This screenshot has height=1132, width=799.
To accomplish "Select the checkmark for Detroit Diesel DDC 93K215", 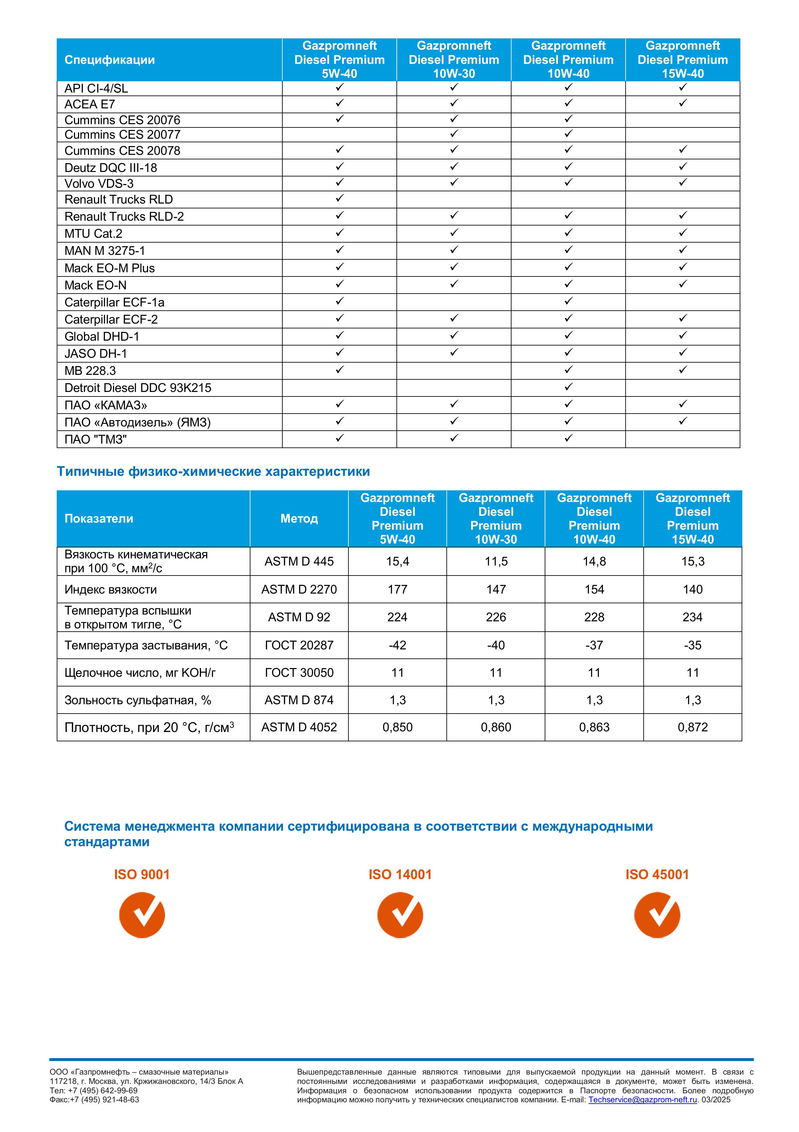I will coord(569,387).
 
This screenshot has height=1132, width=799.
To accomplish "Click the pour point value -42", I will coord(397,646).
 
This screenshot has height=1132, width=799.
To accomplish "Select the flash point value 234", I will coord(693,617).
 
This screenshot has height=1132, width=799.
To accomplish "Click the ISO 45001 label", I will coord(657,875).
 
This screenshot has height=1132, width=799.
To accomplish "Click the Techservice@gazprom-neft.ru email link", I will coord(643,1100).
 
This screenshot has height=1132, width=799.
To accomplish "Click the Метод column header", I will coord(299,519).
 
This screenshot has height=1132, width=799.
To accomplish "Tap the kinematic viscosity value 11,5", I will coord(496,562).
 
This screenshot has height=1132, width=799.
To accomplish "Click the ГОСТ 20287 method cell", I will coord(299,646).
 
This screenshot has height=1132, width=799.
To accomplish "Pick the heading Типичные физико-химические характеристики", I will coord(213,472).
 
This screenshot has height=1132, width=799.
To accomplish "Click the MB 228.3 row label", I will coord(90,371).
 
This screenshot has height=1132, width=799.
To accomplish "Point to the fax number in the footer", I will coord(94,1100).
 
